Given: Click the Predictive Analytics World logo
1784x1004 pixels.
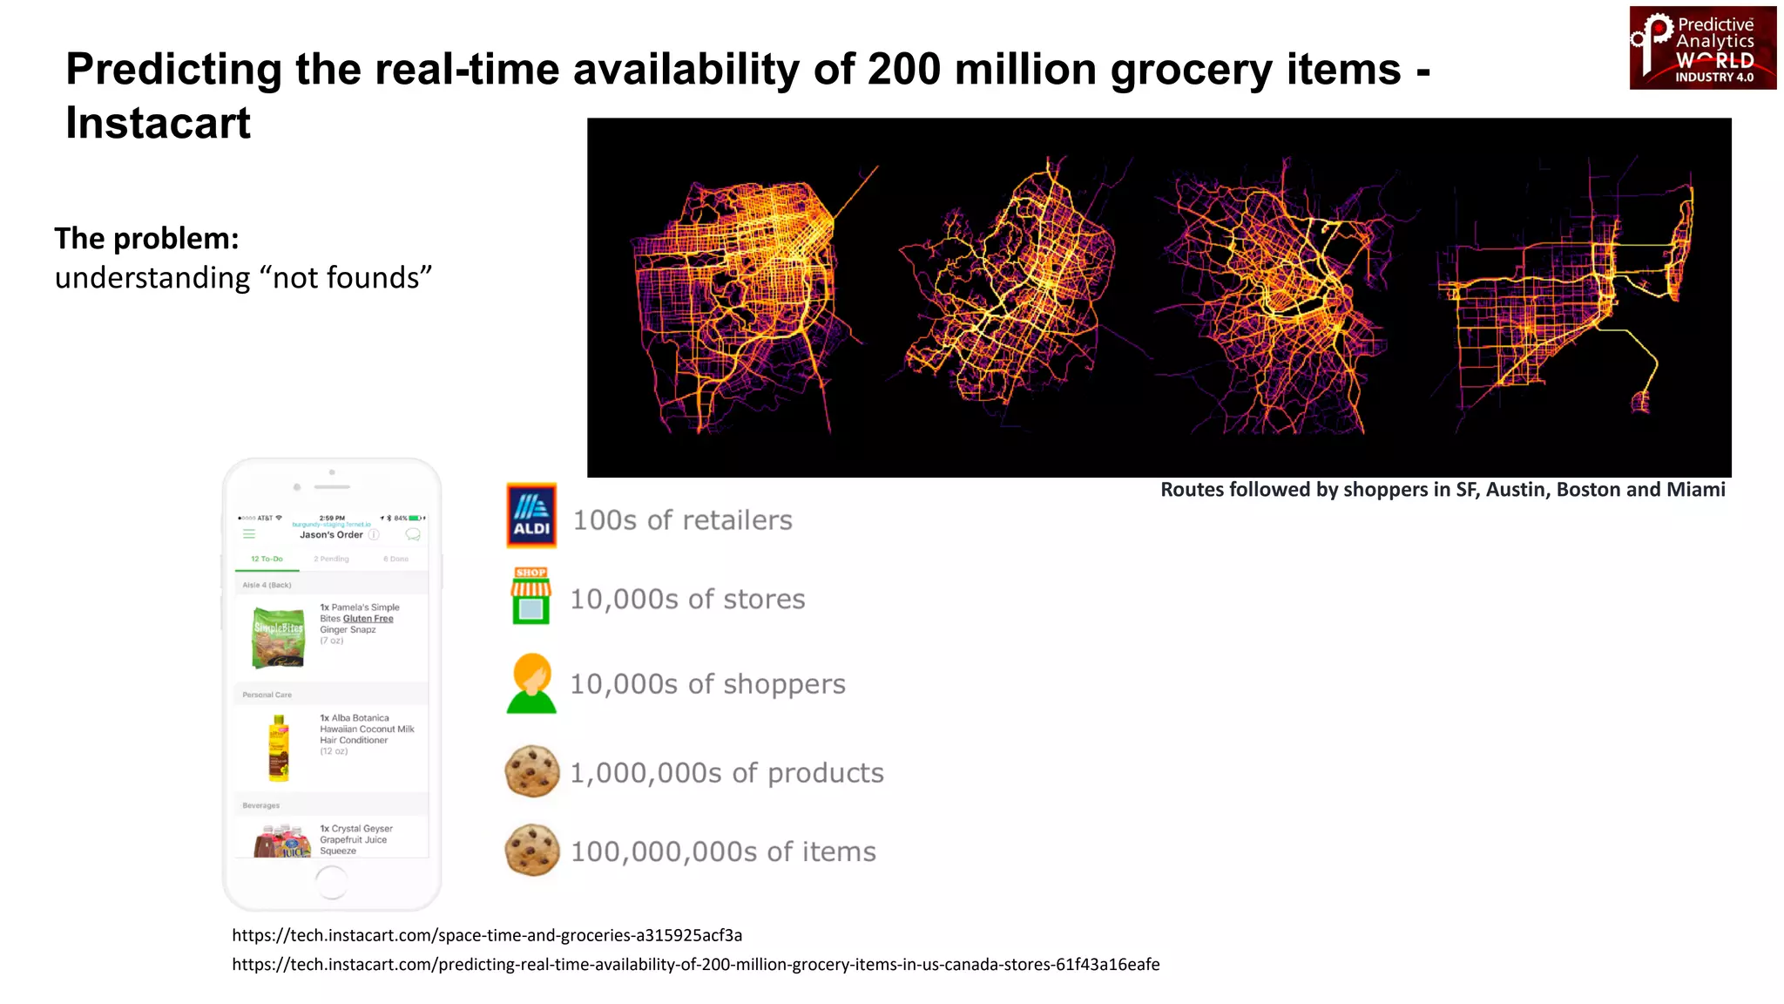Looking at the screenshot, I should pos(1702,48).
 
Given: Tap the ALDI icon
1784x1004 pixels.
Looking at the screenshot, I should pos(531,516).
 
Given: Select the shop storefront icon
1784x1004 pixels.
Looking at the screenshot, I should pos(530,597).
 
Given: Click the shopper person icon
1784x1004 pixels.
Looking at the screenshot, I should pos(531,683).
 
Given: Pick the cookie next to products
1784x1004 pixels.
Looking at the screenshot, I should pos(531,771).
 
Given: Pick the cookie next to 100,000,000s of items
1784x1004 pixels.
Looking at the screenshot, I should pos(531,850).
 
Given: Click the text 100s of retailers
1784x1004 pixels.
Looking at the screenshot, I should pos(682,520).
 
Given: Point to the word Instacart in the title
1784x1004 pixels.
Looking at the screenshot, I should pos(158,123).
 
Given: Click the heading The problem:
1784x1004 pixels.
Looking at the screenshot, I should pos(146,238).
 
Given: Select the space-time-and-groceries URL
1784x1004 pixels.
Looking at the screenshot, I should pos(486,935).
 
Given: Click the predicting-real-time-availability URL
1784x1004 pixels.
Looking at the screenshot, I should pos(695,964).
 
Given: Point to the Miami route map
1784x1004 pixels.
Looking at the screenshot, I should pos(1568,296).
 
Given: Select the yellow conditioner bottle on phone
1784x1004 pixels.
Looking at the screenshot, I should pos(278,748).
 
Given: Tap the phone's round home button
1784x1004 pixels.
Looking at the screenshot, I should pos(331,883).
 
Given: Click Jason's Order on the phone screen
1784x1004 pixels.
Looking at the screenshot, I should pos(331,535).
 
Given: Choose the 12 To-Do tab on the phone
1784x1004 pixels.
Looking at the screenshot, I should pos(267,559).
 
